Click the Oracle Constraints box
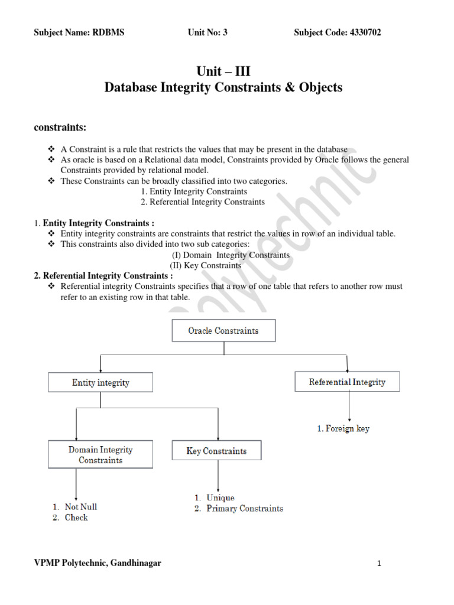pos(223,331)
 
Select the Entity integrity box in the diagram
pos(100,383)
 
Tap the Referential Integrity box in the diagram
pos(347,382)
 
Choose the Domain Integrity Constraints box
pos(100,455)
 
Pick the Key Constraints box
pos(216,451)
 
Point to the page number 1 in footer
pos(379,564)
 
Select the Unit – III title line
pos(223,71)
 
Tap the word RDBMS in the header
pos(108,32)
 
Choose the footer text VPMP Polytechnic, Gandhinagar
pos(98,563)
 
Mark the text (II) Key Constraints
pos(205,266)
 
